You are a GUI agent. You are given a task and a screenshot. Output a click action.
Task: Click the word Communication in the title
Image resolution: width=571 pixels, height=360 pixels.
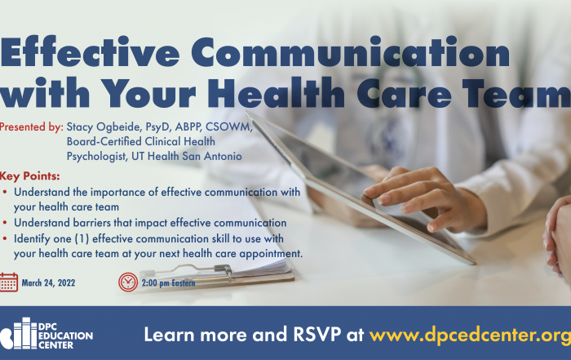tap(350, 51)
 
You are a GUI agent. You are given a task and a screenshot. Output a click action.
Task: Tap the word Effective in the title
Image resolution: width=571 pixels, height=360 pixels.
tap(90, 51)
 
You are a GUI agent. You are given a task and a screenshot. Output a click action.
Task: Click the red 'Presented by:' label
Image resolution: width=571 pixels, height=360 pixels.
tap(31, 127)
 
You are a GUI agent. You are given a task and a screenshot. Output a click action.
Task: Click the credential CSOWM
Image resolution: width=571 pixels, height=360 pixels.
tap(228, 127)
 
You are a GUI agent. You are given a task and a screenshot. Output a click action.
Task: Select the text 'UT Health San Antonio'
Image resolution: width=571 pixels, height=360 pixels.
tap(187, 156)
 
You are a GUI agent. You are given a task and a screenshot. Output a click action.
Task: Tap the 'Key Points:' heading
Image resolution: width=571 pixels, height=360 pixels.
tap(30, 176)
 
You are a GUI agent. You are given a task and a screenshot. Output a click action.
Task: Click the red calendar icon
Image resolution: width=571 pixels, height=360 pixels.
tap(9, 282)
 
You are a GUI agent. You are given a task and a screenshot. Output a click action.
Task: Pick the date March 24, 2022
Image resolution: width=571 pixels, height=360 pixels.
tap(48, 282)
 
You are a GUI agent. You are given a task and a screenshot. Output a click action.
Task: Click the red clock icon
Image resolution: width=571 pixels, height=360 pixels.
tap(128, 282)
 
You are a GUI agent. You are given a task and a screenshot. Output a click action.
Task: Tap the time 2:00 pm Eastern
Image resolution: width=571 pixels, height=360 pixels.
tap(168, 282)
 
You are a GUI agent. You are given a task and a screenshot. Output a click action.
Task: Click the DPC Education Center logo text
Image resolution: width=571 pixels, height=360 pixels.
tap(65, 336)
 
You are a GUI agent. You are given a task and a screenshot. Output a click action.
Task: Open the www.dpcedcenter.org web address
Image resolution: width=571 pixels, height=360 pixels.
tap(470, 335)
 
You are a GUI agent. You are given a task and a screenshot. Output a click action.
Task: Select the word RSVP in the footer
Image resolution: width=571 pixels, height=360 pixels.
tap(316, 334)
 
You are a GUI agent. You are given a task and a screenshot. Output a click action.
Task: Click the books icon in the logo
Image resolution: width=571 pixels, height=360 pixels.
tap(18, 333)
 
